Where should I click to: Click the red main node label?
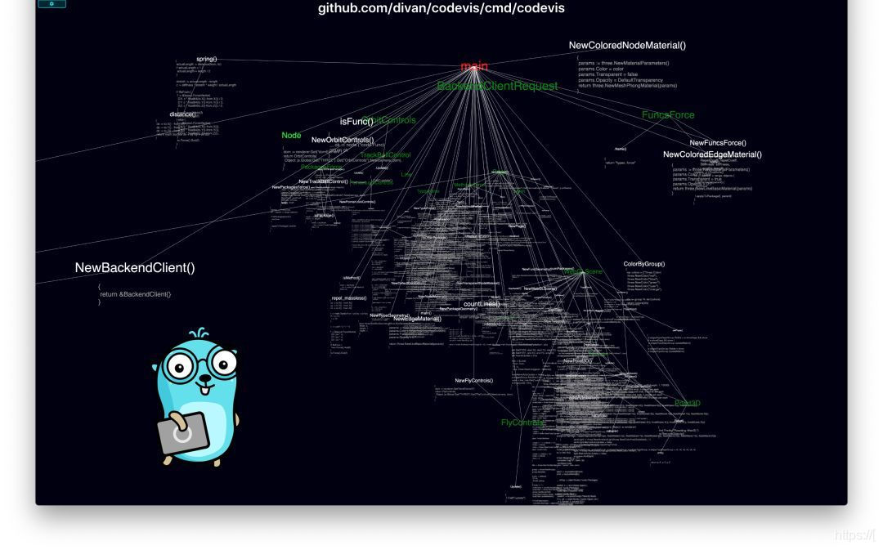(474, 66)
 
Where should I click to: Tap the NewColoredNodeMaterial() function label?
(627, 46)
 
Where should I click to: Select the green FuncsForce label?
(668, 115)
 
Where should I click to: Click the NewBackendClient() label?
(135, 268)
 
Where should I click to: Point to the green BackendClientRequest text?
(497, 86)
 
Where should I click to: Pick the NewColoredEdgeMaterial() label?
(712, 154)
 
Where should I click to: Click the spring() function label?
(207, 59)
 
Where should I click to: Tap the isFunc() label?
(356, 122)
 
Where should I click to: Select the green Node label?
(291, 136)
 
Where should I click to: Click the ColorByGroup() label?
(644, 264)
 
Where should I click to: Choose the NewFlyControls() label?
(474, 381)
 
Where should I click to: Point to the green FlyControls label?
(522, 423)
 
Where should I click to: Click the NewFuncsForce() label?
(718, 143)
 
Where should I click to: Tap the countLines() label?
(482, 304)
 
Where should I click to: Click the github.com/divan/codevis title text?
(441, 9)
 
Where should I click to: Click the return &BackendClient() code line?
(136, 294)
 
